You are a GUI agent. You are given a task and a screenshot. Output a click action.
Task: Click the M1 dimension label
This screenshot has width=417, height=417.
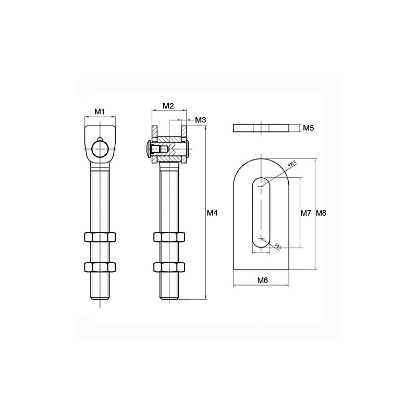tap(100, 111)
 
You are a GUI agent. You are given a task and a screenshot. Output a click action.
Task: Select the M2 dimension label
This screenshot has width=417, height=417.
tap(168, 106)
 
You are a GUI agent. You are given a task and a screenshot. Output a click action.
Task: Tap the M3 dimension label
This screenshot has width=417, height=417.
tap(201, 120)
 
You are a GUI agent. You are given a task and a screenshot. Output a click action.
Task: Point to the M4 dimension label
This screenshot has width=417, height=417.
tap(211, 213)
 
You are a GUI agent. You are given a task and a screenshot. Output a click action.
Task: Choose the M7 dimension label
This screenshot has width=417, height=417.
tap(306, 213)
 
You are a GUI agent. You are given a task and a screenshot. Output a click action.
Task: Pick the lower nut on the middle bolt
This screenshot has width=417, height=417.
tap(169, 267)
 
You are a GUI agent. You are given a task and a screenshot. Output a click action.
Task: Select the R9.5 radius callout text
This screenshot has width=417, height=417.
tap(278, 246)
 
